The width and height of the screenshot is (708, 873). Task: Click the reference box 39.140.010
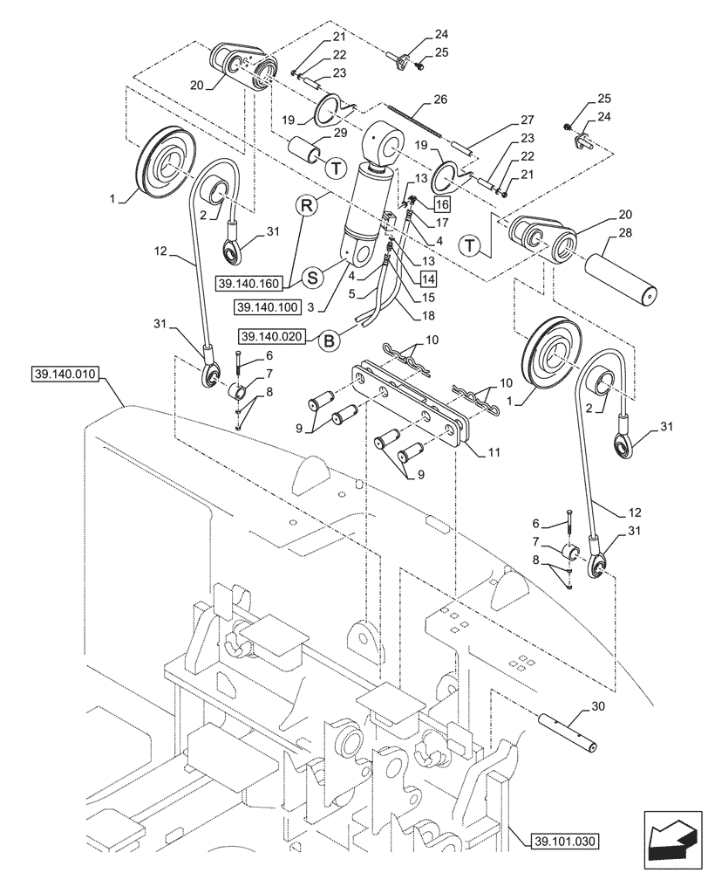66,375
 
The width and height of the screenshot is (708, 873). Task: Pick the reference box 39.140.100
267,307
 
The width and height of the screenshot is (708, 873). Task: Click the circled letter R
305,206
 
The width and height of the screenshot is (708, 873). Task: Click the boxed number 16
441,204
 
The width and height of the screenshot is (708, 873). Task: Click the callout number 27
526,120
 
